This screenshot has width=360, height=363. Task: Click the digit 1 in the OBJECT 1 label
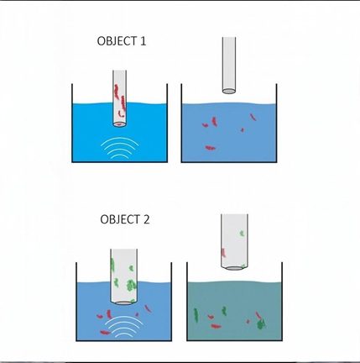click(143, 41)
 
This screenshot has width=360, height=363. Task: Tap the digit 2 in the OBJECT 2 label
click(146, 219)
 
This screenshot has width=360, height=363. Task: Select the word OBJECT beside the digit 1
click(117, 41)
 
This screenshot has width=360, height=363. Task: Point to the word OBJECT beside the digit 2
click(120, 219)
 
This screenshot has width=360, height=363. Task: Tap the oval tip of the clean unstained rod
click(229, 91)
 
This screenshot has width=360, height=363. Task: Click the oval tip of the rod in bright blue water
click(119, 124)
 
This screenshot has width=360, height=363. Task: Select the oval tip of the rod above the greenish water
click(234, 268)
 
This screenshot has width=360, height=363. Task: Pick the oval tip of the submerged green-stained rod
click(124, 302)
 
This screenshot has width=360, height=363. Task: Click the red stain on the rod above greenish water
click(223, 253)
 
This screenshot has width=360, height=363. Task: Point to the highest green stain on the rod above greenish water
click(242, 233)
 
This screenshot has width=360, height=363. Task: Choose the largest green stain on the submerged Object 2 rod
click(131, 286)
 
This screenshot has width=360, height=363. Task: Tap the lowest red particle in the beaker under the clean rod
click(211, 148)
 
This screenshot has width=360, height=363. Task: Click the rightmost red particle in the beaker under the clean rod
click(253, 117)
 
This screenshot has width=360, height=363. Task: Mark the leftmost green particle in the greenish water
click(196, 315)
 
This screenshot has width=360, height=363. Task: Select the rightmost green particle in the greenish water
click(261, 324)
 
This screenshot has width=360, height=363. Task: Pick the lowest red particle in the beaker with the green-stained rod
click(105, 333)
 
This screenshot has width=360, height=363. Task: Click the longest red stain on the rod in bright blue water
click(123, 103)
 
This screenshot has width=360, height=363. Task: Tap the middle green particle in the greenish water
click(224, 311)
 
